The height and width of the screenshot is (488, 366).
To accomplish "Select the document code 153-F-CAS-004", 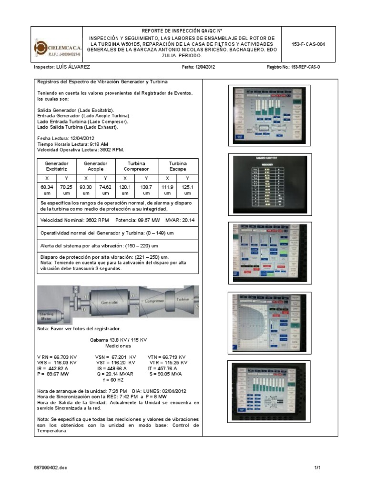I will (x=308, y=44).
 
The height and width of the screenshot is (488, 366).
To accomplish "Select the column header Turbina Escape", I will (x=177, y=166).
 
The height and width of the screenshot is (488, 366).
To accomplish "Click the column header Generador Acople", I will (x=96, y=166).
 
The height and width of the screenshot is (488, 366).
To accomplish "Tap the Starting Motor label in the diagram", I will (x=46, y=318).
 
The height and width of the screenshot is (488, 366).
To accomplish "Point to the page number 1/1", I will (x=318, y=468).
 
